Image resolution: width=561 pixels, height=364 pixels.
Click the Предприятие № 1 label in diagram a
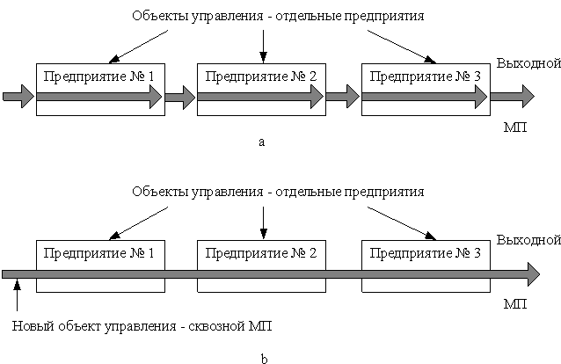(98, 76)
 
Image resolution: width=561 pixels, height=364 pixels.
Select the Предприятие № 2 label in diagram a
(261, 76)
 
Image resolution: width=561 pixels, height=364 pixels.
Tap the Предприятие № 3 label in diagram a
(425, 76)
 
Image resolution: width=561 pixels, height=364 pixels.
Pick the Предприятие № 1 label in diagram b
(98, 253)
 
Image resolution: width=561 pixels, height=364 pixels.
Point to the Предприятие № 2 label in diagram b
(261, 253)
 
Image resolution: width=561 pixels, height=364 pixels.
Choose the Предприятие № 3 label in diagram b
(425, 253)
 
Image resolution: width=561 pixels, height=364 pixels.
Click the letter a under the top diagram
(261, 142)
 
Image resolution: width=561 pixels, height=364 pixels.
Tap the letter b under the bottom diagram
(264, 358)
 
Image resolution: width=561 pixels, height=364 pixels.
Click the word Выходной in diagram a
(528, 63)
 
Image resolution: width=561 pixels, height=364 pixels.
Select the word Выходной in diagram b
(528, 240)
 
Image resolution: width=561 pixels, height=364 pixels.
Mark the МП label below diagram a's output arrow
(515, 127)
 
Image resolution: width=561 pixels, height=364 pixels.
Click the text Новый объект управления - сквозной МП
(142, 326)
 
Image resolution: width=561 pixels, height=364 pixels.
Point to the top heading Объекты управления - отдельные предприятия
(278, 16)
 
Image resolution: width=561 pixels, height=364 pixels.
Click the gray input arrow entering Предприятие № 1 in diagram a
(18, 97)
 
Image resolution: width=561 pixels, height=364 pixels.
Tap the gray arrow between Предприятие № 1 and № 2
(180, 97)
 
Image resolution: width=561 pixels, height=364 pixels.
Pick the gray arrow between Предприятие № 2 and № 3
(343, 97)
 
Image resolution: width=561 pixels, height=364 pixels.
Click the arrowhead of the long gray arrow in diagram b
(534, 274)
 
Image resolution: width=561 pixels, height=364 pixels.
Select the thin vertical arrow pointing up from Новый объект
(17, 295)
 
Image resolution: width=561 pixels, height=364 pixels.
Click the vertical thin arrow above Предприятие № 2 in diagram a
(263, 47)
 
